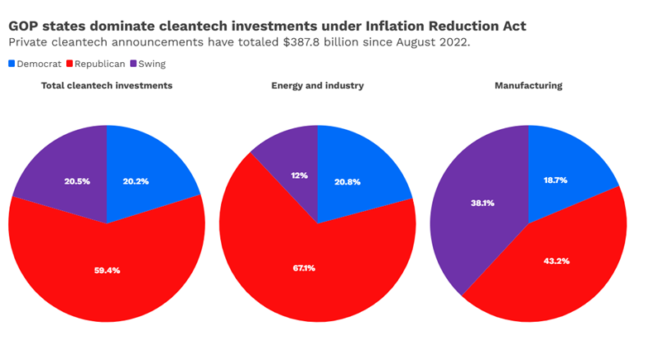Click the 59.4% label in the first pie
(107, 271)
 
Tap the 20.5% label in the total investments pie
(77, 181)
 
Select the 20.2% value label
(136, 181)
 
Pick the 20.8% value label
(347, 181)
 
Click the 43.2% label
(555, 261)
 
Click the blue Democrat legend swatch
(12, 64)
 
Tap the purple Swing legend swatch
(133, 64)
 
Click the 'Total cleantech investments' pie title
(107, 86)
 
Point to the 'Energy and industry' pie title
(317, 86)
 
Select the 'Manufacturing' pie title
(528, 86)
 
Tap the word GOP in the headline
(26, 26)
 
